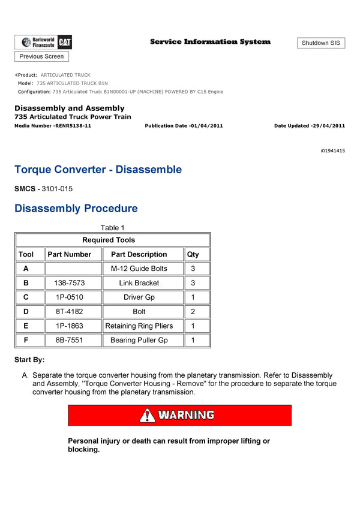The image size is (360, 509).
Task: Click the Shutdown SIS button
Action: click(320, 43)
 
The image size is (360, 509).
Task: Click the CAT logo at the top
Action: click(64, 42)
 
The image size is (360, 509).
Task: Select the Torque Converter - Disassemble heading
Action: click(98, 170)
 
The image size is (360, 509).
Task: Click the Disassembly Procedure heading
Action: click(76, 209)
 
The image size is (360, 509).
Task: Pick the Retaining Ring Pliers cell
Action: click(139, 326)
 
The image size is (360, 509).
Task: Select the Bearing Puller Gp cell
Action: click(139, 341)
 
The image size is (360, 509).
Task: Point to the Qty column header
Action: click(193, 254)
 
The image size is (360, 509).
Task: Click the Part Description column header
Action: click(139, 254)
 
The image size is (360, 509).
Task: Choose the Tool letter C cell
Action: click(26, 297)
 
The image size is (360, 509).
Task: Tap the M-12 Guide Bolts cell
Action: click(139, 269)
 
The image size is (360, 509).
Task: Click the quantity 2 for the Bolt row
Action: click(193, 312)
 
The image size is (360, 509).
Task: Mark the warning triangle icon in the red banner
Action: click(148, 415)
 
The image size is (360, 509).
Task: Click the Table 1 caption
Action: click(113, 228)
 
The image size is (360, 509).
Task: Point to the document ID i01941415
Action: click(332, 151)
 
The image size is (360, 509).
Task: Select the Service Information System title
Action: click(210, 42)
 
